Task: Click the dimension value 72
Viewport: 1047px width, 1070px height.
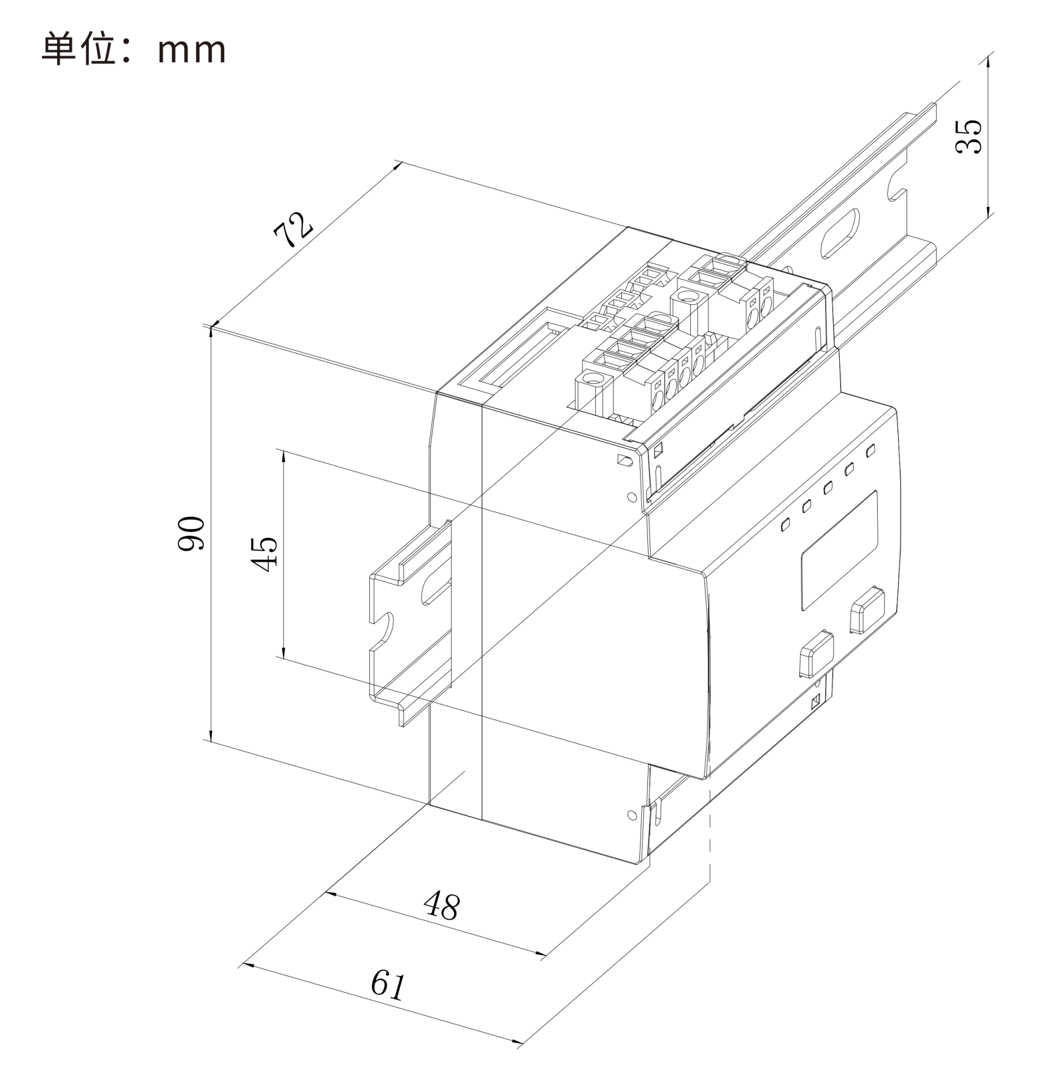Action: pyautogui.click(x=292, y=230)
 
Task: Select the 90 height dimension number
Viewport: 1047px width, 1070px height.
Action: pyautogui.click(x=191, y=533)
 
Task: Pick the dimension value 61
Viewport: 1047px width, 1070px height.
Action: pyautogui.click(x=388, y=984)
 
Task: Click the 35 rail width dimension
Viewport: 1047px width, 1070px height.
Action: pyautogui.click(x=968, y=136)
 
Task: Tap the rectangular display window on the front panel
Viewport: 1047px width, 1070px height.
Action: pyautogui.click(x=839, y=549)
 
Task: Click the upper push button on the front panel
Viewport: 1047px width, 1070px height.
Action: pyautogui.click(x=867, y=610)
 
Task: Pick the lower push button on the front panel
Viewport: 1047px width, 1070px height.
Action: pyautogui.click(x=816, y=654)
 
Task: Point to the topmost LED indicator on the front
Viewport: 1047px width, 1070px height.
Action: pyautogui.click(x=870, y=450)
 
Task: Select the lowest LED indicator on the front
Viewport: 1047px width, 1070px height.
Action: pyautogui.click(x=785, y=525)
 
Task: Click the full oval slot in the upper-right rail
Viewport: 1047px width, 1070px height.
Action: pyautogui.click(x=840, y=234)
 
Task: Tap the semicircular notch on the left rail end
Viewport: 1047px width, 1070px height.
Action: pyautogui.click(x=389, y=628)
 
